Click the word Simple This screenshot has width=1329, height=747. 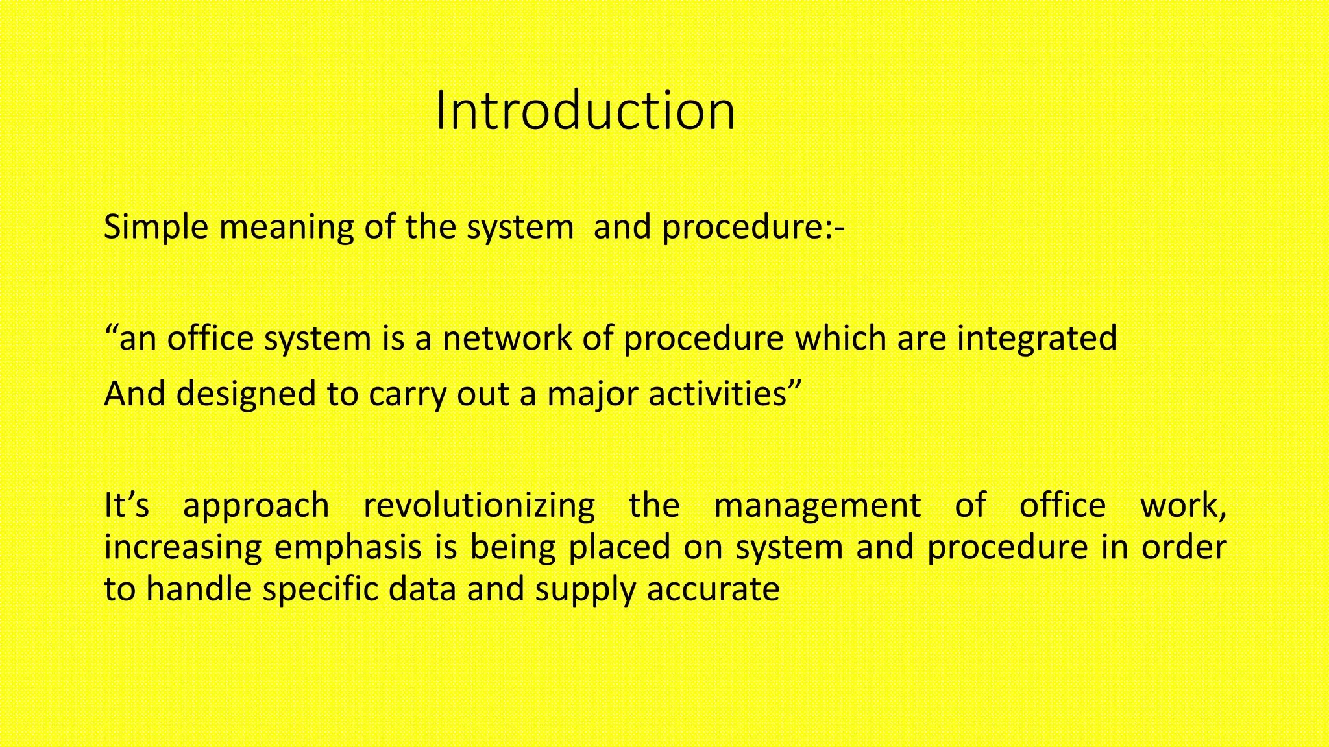pyautogui.click(x=156, y=227)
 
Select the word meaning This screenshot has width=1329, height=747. pyautogui.click(x=286, y=227)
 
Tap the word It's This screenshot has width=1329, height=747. pyautogui.click(x=127, y=505)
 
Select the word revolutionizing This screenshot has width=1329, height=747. pyautogui.click(x=478, y=506)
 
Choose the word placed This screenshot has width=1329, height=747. pyautogui.click(x=619, y=548)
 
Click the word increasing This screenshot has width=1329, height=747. pyautogui.click(x=182, y=548)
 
